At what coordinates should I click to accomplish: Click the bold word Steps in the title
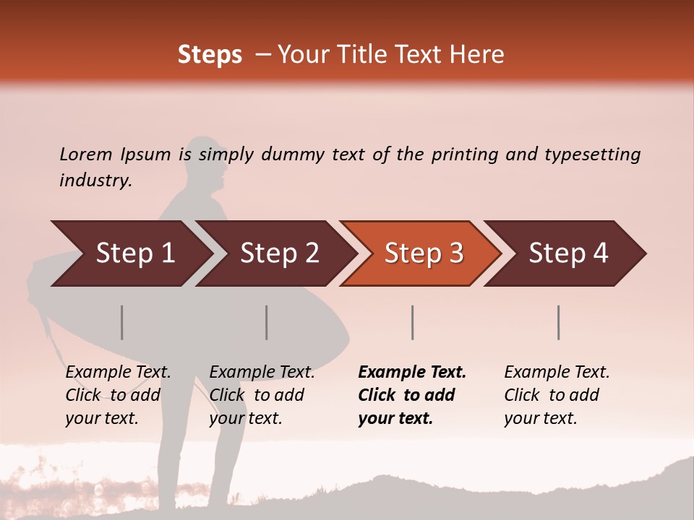click(x=210, y=55)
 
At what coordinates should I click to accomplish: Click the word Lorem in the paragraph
click(x=86, y=154)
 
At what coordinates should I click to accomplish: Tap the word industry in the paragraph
click(x=95, y=180)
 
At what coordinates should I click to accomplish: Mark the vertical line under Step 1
click(x=122, y=322)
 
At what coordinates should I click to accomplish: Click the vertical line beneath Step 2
click(x=267, y=322)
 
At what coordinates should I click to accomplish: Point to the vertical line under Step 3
click(x=413, y=322)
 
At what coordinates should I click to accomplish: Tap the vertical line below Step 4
click(x=559, y=322)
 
